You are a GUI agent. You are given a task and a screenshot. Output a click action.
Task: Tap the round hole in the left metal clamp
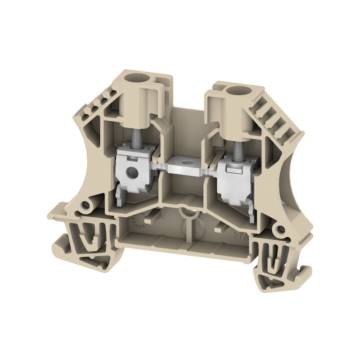click(x=132, y=171)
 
